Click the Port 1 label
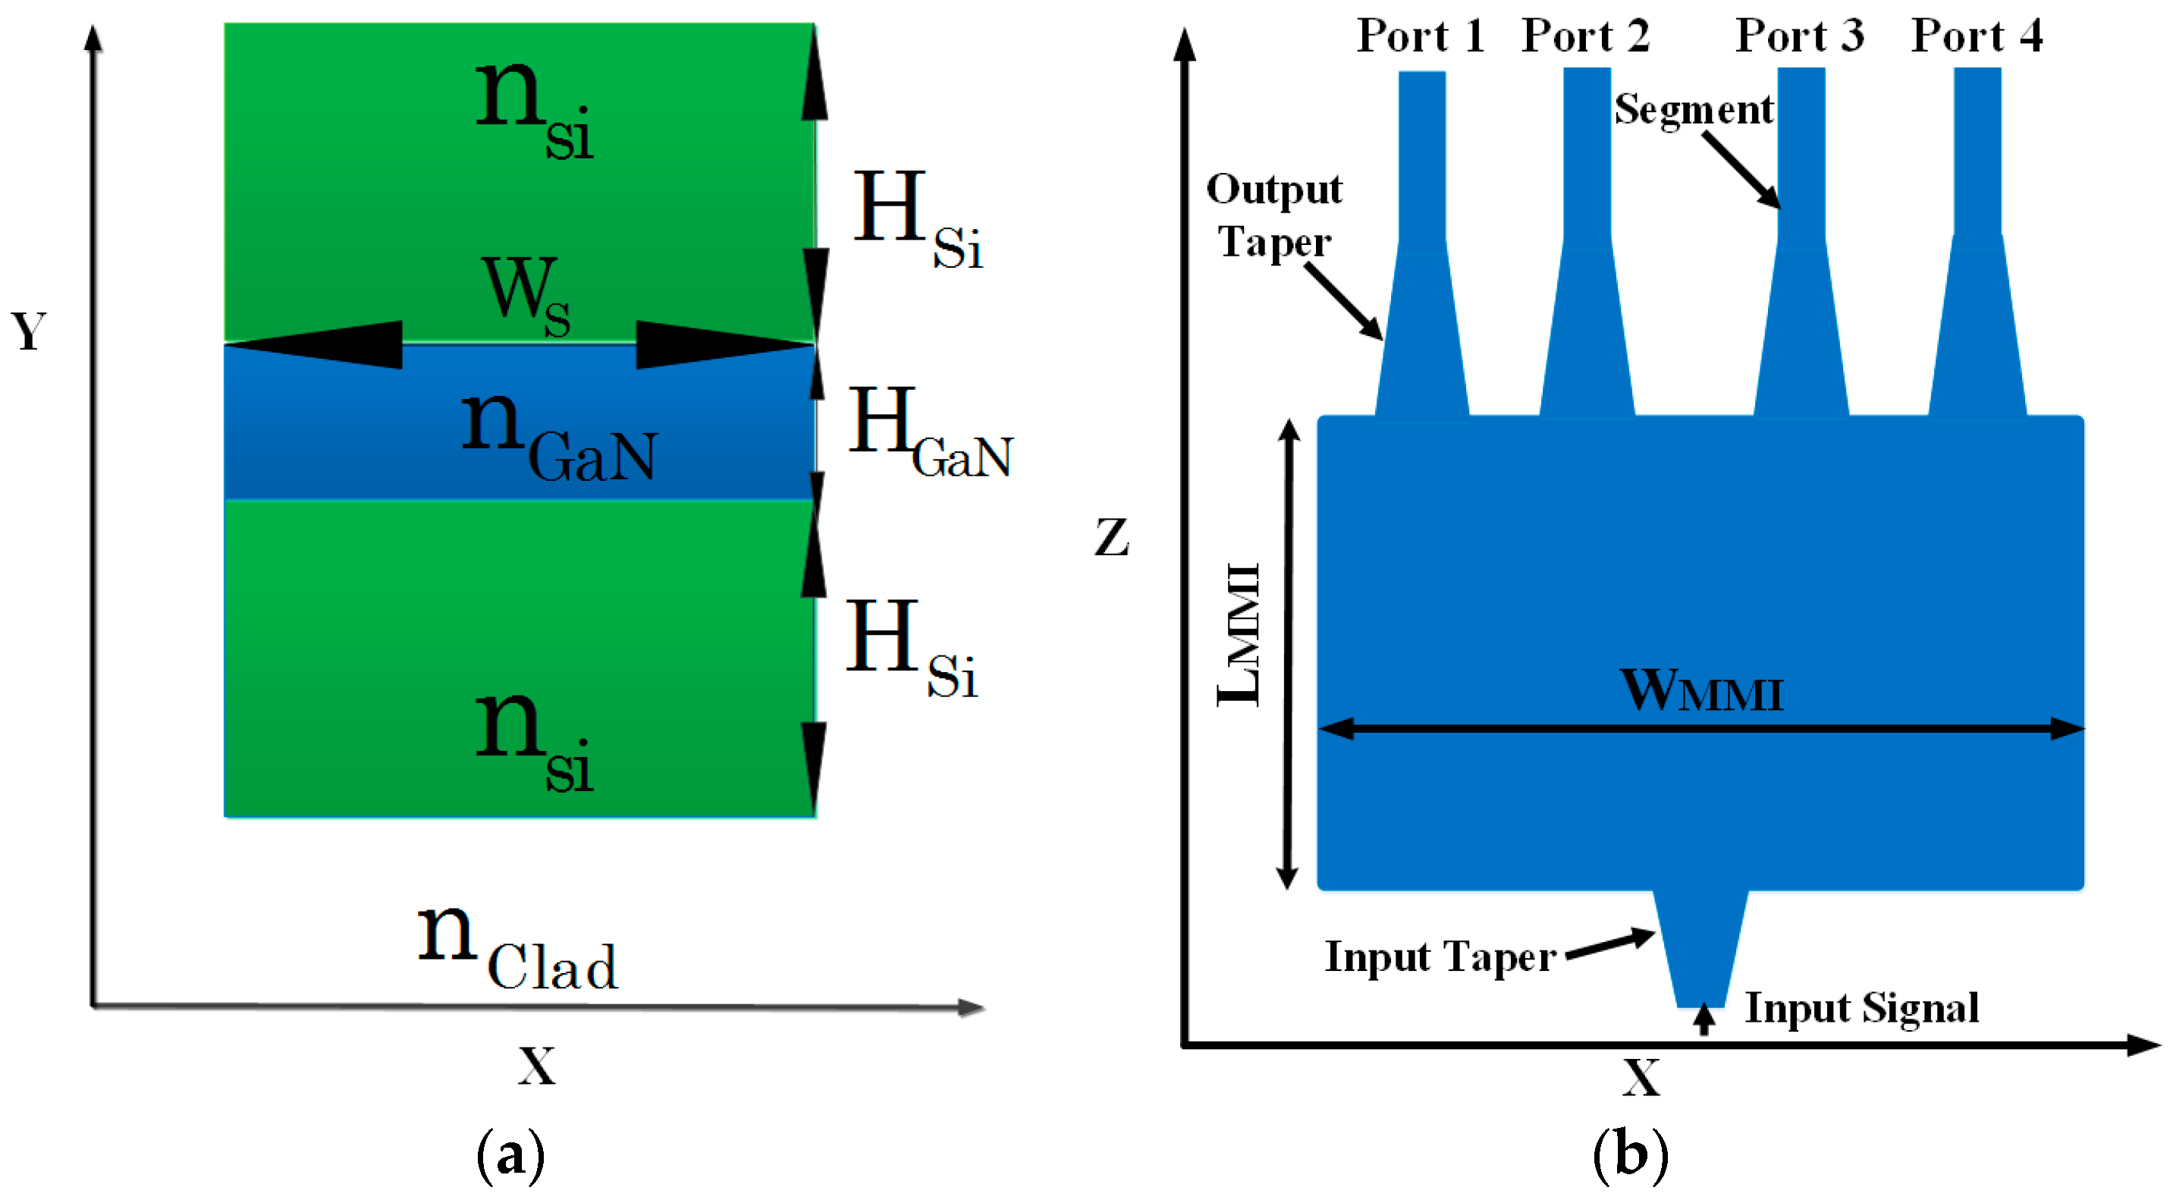pos(1421,36)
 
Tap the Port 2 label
pos(1585,36)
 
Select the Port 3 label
pos(1799,36)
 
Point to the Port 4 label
pos(1977,36)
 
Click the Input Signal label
pos(1862,1009)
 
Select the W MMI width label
pos(1701,692)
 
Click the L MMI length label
pos(1240,633)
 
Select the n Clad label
pos(518,947)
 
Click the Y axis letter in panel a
pos(29,331)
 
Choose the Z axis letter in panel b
pos(1112,537)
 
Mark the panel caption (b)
pos(1630,1154)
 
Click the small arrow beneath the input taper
pos(1704,1019)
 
